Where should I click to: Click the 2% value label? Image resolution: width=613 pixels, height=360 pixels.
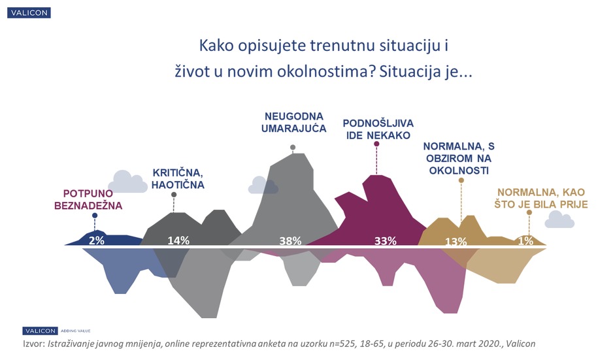(x=97, y=240)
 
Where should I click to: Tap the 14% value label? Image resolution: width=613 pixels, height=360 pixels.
(x=178, y=240)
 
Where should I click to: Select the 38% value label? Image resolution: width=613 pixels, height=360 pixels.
(x=290, y=240)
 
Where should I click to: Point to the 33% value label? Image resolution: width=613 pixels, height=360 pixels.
(x=385, y=240)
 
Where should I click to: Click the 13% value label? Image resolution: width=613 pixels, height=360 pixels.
(x=456, y=242)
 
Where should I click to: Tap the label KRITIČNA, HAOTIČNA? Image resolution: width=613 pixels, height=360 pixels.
(x=178, y=178)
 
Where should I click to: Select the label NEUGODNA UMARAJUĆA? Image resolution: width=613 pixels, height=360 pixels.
(x=291, y=123)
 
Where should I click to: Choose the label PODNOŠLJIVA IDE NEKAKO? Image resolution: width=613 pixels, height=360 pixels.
(x=378, y=129)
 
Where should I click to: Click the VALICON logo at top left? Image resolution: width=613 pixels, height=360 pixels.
(x=27, y=12)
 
